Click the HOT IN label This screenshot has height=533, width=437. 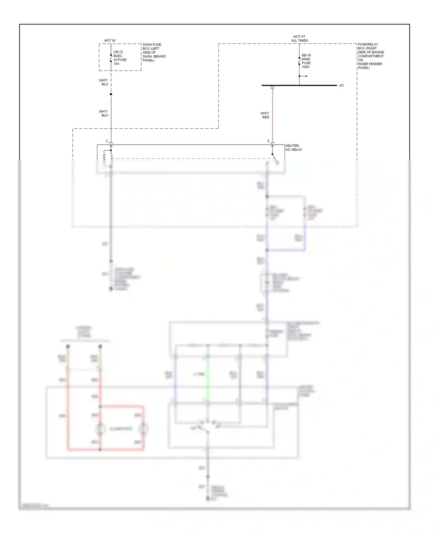110,41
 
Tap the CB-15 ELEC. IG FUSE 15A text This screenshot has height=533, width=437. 120,58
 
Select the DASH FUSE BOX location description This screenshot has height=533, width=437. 154,52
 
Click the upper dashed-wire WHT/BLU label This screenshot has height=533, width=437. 103,82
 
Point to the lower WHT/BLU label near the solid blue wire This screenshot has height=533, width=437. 103,113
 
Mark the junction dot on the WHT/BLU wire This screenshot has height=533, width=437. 111,94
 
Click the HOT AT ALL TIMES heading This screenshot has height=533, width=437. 299,38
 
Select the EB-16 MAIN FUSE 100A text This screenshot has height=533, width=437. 306,61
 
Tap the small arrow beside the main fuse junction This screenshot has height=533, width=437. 304,76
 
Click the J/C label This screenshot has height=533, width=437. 341,85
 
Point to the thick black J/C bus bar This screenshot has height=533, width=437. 299,85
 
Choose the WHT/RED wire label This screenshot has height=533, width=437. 265,115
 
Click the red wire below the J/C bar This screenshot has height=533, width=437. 272,117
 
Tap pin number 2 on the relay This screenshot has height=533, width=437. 107,141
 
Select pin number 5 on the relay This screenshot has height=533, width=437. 268,141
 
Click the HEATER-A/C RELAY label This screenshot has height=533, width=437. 294,148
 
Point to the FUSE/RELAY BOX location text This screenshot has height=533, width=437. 371,56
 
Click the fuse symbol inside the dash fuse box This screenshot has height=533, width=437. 111,58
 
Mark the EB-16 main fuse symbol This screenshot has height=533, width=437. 299,61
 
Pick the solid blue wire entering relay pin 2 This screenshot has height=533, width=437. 111,120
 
